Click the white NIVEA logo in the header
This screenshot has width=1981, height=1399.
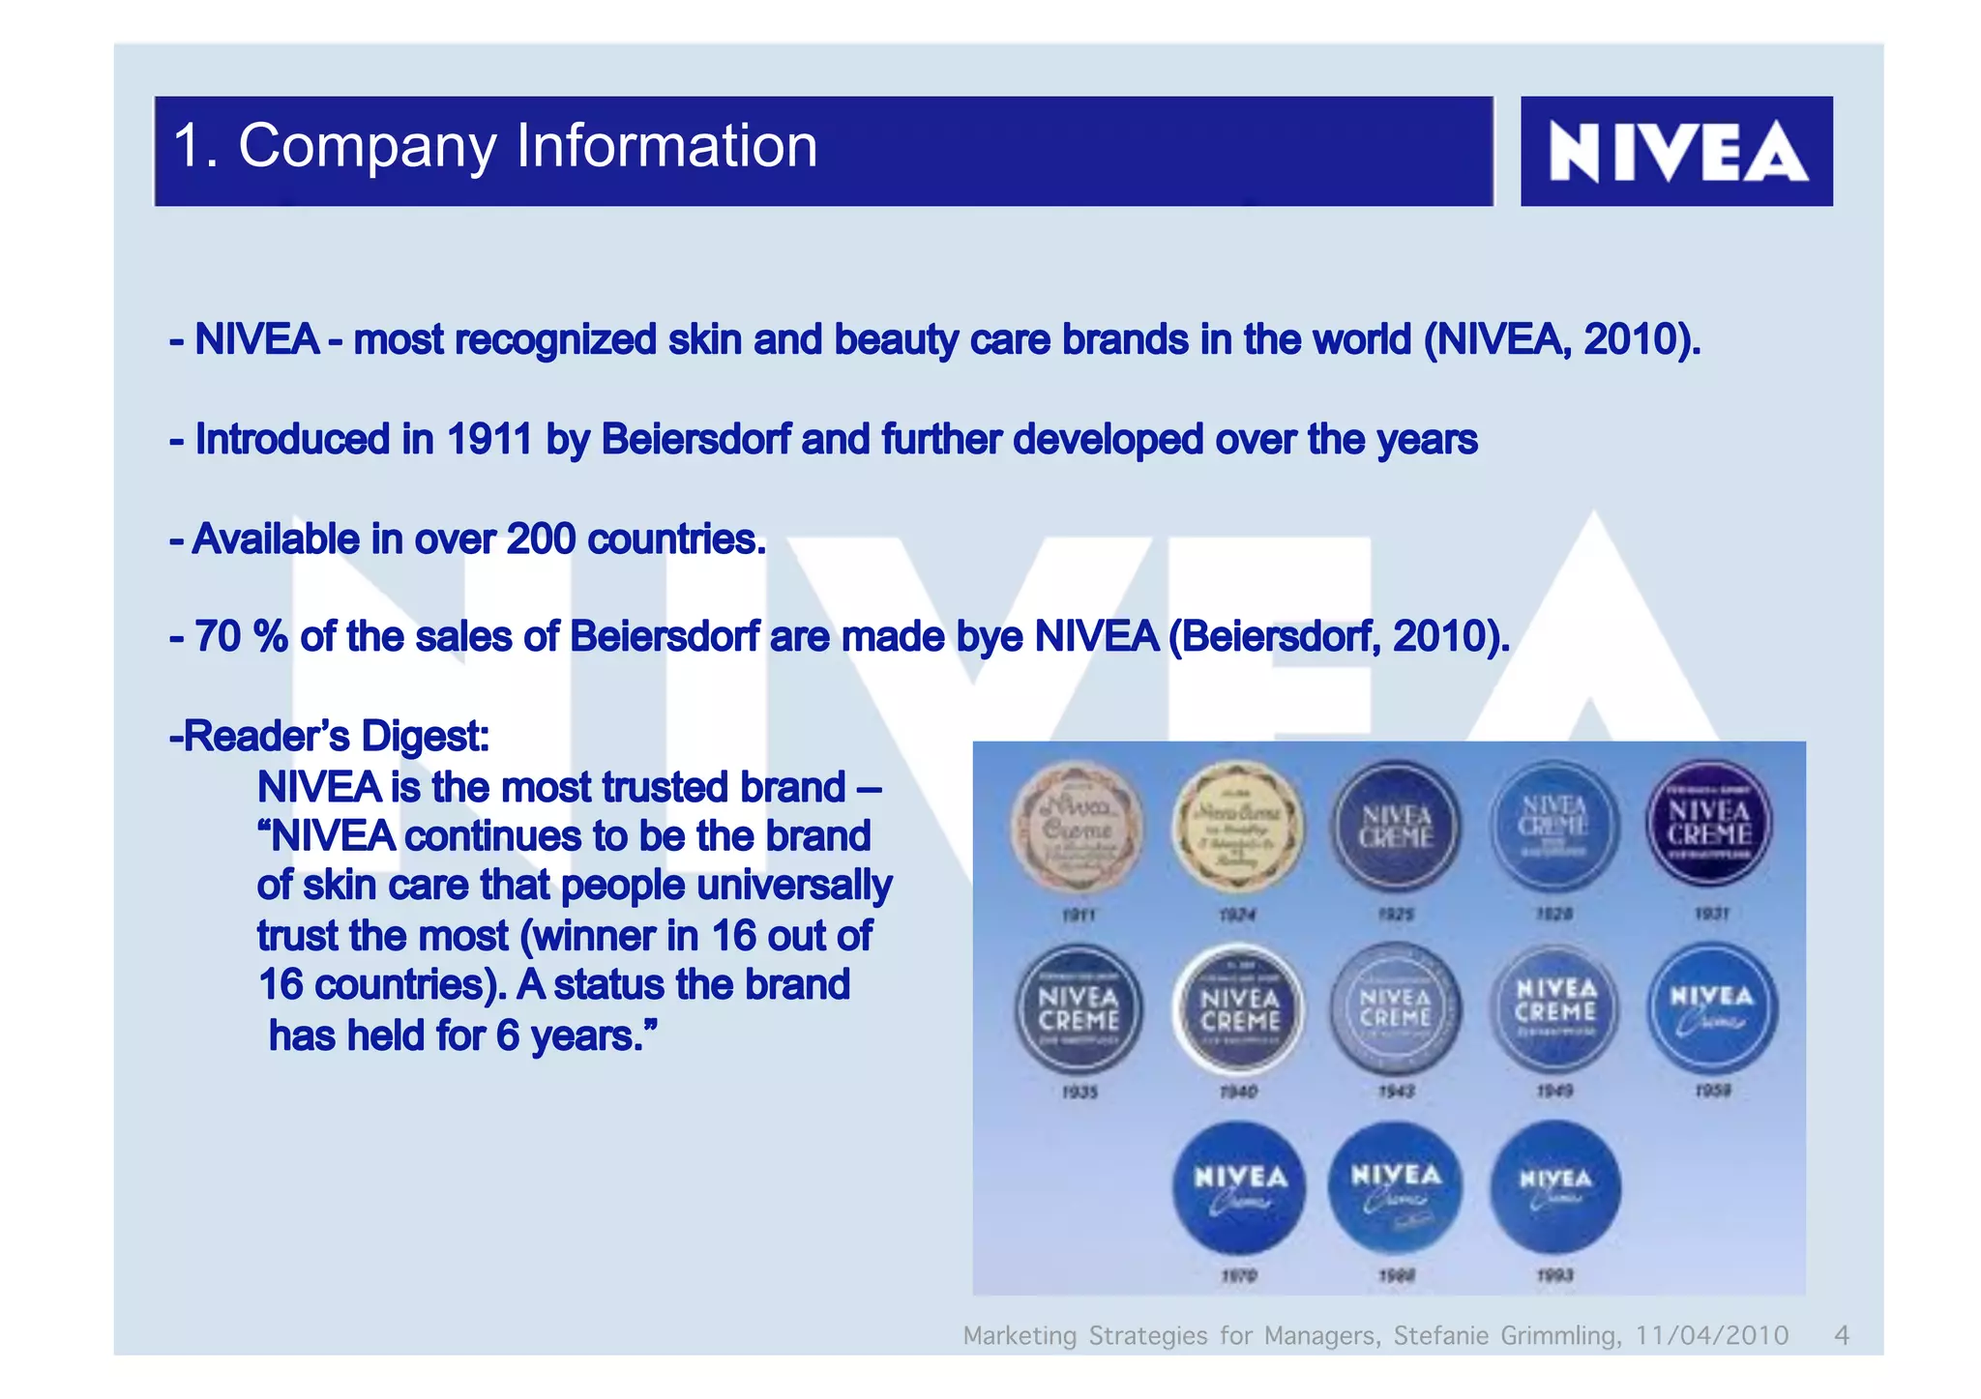tap(1676, 151)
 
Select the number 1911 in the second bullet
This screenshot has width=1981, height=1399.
tap(488, 440)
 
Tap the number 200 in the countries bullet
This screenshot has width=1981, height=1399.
tap(541, 539)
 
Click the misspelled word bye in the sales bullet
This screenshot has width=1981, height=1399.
tap(990, 637)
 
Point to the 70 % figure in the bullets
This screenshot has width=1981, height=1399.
tap(241, 637)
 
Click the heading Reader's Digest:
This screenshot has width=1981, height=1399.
tap(330, 737)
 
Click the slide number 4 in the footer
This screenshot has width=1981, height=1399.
tap(1841, 1335)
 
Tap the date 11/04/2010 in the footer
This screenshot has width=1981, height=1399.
tap(1712, 1335)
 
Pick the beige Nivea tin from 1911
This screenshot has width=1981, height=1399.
tap(1078, 828)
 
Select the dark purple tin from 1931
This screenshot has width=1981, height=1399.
tap(1709, 824)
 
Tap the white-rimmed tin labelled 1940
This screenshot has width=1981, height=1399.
tap(1239, 1008)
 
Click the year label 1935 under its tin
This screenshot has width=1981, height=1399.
tap(1079, 1093)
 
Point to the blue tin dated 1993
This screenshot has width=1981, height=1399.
tap(1555, 1186)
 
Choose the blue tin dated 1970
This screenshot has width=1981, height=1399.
tap(1239, 1187)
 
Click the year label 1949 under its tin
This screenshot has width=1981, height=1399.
tap(1554, 1092)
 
